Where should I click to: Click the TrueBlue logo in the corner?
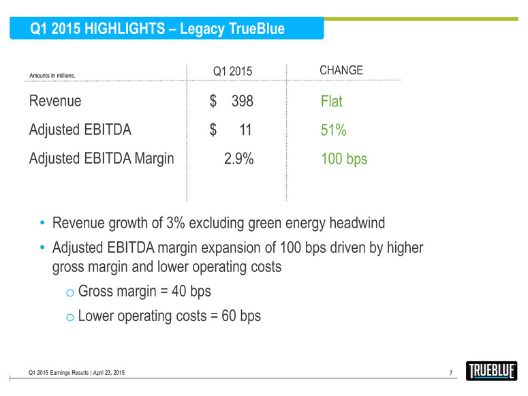click(x=493, y=371)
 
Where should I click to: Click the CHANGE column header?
click(x=341, y=71)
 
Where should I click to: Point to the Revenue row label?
click(x=55, y=102)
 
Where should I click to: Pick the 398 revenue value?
click(x=242, y=102)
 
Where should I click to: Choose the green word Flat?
click(x=332, y=102)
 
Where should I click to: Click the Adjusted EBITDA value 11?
click(x=246, y=130)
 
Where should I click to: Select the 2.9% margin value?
click(x=238, y=159)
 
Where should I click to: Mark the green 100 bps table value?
click(x=344, y=159)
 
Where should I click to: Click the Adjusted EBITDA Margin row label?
click(x=102, y=159)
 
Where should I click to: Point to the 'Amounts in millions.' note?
click(x=52, y=76)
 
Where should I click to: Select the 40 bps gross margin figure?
click(x=187, y=292)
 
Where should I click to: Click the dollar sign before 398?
click(x=213, y=102)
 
